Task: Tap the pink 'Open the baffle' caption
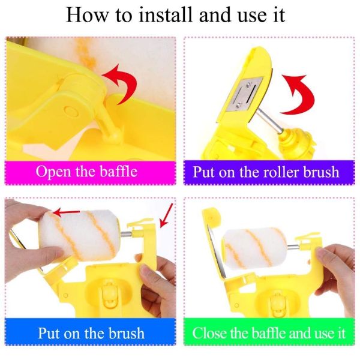[86, 172]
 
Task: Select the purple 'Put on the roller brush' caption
[266, 172]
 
